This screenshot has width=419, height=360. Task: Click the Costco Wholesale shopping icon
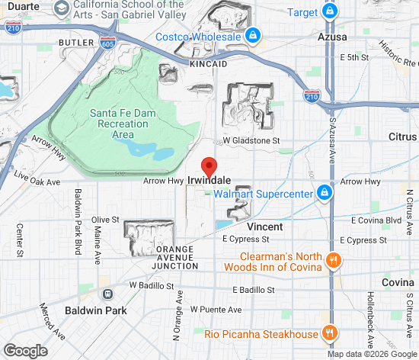coord(252,35)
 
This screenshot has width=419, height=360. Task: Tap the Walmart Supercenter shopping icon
coord(325,193)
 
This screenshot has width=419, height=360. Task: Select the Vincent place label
coord(265,227)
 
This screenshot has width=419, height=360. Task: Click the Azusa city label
coord(332,37)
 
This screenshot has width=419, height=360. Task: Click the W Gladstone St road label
coord(251,141)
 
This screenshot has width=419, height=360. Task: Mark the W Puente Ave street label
coord(216,310)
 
